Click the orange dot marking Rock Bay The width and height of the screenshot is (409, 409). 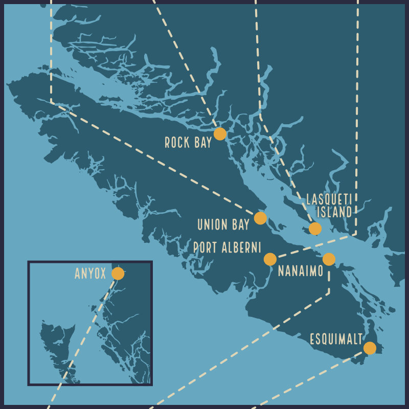[220, 134]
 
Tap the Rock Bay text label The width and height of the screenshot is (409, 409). [188, 143]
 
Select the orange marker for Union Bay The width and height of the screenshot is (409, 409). [260, 218]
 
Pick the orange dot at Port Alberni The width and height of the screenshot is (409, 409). [270, 259]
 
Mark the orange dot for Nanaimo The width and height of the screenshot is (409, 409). [329, 259]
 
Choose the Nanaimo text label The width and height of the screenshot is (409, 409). [301, 271]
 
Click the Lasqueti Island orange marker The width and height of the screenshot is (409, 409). [315, 229]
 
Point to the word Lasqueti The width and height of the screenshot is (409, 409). [329, 199]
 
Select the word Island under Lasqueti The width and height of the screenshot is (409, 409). [334, 212]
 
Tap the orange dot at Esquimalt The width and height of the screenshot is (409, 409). [370, 348]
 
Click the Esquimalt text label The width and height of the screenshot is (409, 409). [336, 339]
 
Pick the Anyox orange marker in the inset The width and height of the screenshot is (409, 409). [118, 274]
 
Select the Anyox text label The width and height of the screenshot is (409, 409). [90, 274]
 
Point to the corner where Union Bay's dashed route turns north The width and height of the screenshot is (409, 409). [51, 102]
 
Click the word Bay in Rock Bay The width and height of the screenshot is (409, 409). [202, 143]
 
